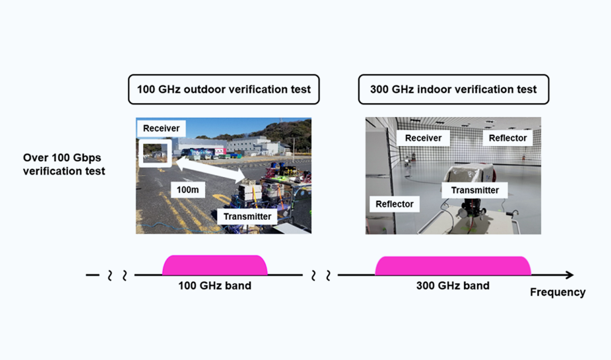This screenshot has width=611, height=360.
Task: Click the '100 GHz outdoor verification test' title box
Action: click(223, 89)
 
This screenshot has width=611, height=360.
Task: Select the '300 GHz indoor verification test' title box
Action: click(453, 89)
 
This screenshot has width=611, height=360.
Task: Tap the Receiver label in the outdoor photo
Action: click(161, 128)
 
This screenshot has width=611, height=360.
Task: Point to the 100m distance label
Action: click(188, 189)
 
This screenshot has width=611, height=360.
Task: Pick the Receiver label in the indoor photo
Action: click(423, 138)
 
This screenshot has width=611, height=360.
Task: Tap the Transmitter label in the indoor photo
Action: click(475, 190)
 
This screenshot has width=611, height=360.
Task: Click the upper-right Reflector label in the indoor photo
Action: click(508, 138)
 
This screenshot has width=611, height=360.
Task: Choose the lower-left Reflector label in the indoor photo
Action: click(394, 204)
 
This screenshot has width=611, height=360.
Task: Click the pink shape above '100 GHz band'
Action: click(215, 265)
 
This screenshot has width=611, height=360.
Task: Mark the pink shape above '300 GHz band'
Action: click(453, 266)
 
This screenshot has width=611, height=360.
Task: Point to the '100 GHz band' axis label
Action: click(215, 285)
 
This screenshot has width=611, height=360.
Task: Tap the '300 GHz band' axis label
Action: click(453, 285)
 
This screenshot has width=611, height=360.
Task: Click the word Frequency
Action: click(558, 292)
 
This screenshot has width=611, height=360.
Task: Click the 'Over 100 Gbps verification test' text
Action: click(64, 164)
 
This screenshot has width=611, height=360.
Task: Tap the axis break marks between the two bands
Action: click(320, 275)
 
